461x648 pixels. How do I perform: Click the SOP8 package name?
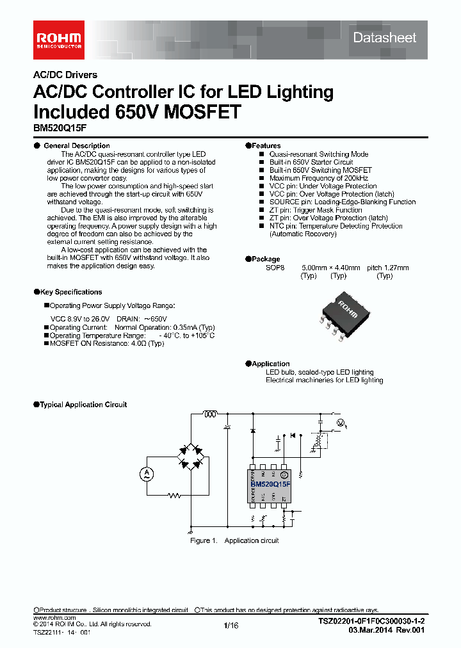(274, 268)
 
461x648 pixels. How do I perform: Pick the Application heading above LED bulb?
(270, 364)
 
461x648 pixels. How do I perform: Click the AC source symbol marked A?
(145, 473)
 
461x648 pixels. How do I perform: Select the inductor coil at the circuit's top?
(210, 414)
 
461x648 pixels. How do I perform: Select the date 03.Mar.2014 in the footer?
(368, 630)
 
